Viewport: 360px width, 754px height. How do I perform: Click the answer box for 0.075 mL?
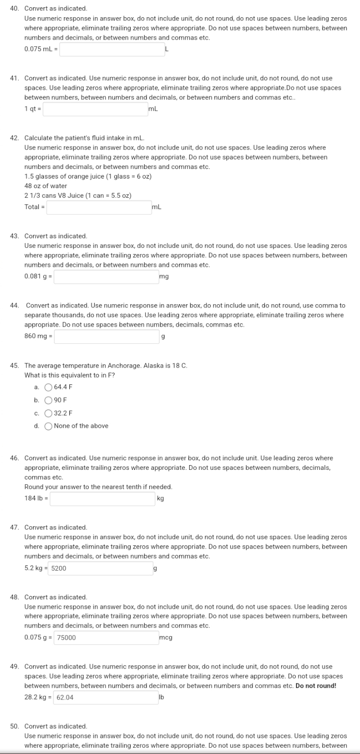pos(112,49)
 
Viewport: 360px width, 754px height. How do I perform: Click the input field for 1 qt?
pos(95,109)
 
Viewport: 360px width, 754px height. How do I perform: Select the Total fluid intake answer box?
pos(99,207)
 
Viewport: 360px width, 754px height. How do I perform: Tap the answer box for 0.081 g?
pos(106,277)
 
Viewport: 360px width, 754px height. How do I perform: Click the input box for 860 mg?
pos(106,337)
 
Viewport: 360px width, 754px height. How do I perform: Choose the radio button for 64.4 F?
pos(48,387)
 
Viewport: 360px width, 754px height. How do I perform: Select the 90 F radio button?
pos(48,400)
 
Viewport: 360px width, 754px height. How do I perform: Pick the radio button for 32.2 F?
pos(48,413)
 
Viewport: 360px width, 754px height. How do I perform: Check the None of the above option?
pos(48,426)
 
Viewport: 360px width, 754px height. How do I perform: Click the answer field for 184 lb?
pos(102,499)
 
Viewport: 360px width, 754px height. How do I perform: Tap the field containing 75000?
pos(106,637)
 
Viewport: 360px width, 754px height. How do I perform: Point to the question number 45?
pos(15,366)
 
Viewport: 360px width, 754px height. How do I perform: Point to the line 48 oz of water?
pos(46,186)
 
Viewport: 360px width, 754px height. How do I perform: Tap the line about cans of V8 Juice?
pos(78,196)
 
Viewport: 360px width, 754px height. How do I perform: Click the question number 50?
pos(15,726)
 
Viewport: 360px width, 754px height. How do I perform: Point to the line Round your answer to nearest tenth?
pos(98,487)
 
